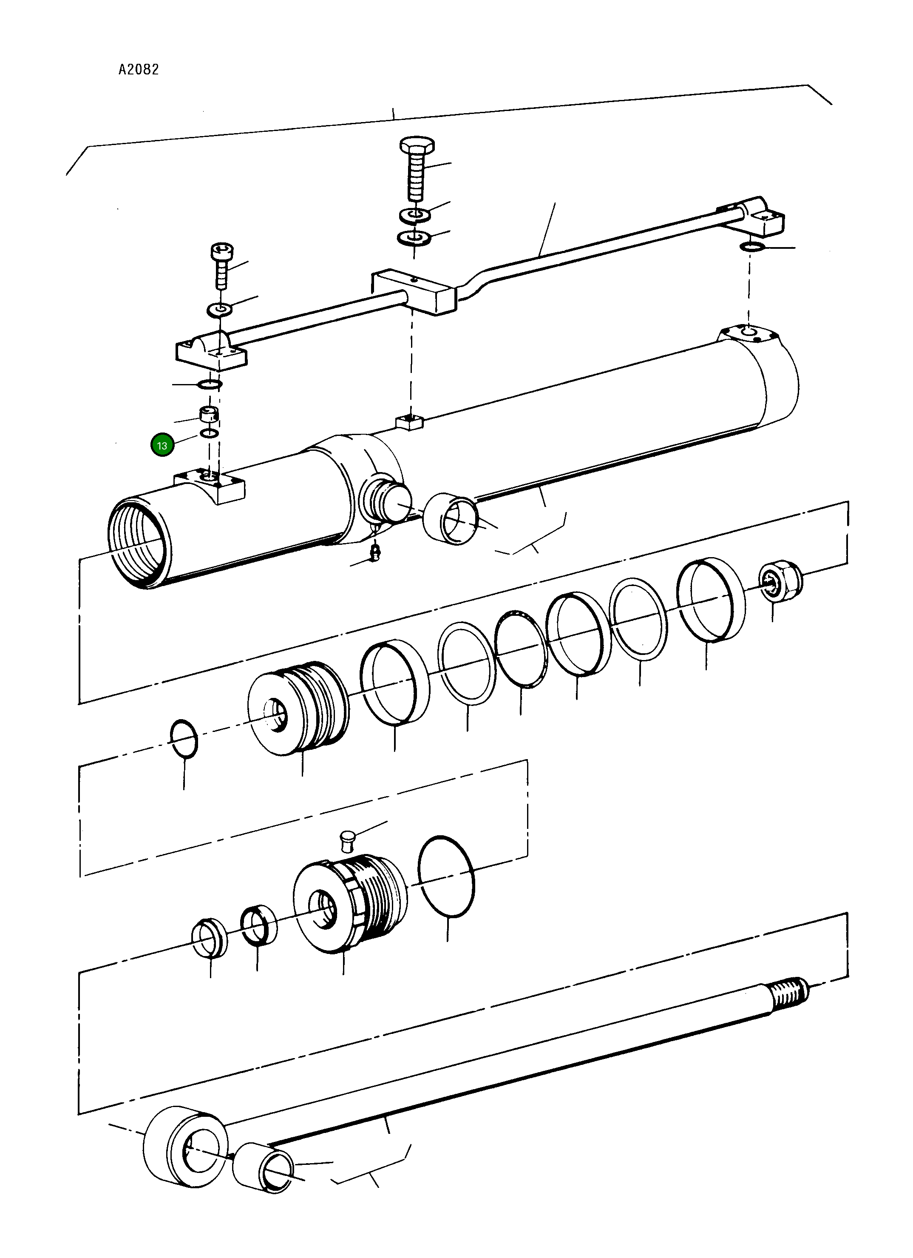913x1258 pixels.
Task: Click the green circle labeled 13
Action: (162, 445)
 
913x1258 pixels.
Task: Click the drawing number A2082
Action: (139, 69)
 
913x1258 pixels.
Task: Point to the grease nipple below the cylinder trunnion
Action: (376, 553)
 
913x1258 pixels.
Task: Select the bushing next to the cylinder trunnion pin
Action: (450, 518)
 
